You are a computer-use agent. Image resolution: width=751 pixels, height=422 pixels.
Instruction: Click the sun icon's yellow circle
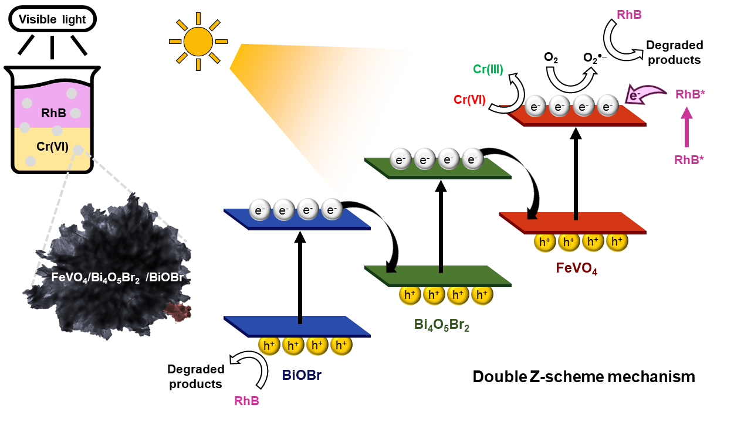click(198, 41)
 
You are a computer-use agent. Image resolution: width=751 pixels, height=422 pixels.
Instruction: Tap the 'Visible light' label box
click(52, 19)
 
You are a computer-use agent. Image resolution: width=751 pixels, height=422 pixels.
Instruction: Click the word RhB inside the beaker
click(53, 113)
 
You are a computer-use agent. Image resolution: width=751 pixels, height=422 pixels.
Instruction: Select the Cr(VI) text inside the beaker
click(53, 147)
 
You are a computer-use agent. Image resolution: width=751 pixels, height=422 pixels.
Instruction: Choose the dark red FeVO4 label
click(576, 268)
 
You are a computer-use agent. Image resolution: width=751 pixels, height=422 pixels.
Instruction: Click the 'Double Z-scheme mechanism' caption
click(584, 376)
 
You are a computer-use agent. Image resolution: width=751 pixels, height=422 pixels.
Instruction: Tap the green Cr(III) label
click(488, 70)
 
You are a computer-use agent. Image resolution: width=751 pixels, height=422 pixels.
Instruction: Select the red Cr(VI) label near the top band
click(469, 100)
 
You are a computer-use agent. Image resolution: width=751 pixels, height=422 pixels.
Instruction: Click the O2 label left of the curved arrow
click(551, 57)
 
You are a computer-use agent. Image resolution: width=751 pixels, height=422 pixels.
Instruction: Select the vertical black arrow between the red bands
click(576, 173)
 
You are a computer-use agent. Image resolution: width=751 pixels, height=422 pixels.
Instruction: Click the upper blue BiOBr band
click(297, 218)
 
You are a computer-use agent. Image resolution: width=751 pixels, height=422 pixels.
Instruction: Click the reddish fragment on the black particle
click(177, 311)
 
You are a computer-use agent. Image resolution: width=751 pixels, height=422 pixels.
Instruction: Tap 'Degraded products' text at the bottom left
click(196, 377)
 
